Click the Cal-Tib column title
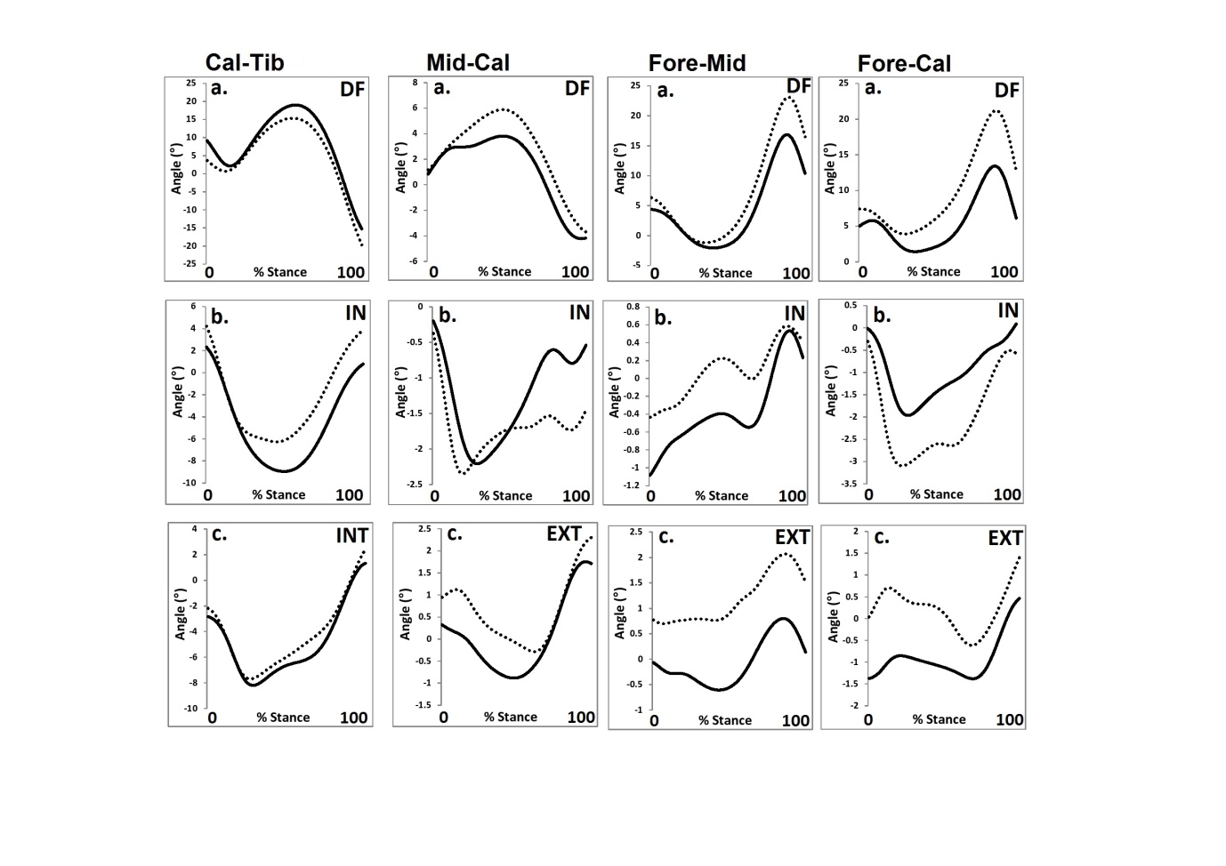click(x=245, y=62)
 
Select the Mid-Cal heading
click(x=468, y=62)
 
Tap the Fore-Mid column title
click(x=697, y=63)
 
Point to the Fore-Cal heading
click(x=904, y=64)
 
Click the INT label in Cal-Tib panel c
click(x=351, y=535)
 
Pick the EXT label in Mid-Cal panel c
click(x=564, y=533)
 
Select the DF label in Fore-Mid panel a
click(x=798, y=85)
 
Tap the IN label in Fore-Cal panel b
click(x=1007, y=310)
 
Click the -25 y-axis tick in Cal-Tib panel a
click(x=190, y=264)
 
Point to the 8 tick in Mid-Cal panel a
click(x=414, y=83)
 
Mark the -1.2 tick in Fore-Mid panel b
click(x=631, y=485)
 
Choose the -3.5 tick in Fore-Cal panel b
click(x=850, y=484)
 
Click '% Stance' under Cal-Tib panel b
click(x=278, y=495)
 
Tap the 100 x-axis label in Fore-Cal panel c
click(x=1009, y=719)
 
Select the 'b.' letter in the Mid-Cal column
click(x=448, y=316)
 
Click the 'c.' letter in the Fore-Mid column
click(x=665, y=537)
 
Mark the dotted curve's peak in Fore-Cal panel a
click(x=996, y=111)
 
